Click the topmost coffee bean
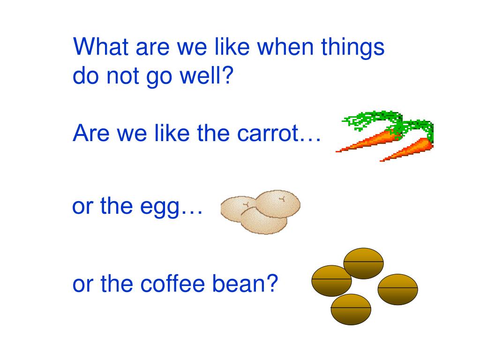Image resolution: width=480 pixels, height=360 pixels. (364, 263)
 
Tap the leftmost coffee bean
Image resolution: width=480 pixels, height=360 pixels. (331, 280)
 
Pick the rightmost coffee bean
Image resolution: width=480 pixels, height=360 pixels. (397, 289)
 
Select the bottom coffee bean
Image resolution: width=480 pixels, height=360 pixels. (351, 309)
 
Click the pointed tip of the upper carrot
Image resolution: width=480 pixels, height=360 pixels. (338, 151)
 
